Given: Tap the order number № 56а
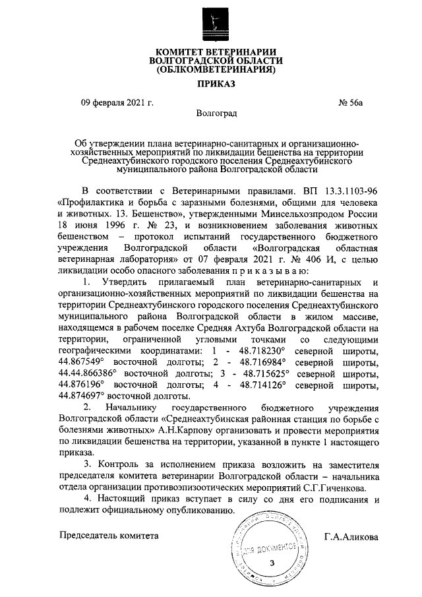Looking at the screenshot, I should coord(350,102).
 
